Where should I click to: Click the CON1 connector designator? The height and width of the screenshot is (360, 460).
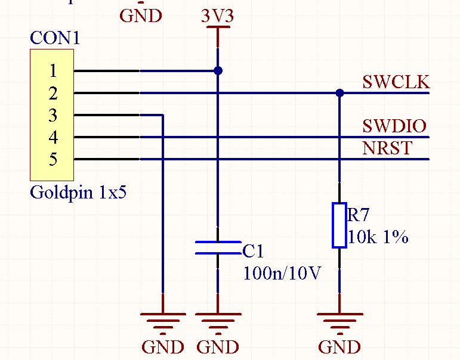click(x=55, y=38)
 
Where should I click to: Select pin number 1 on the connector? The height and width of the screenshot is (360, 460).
click(x=53, y=71)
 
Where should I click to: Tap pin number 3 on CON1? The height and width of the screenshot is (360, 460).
click(x=53, y=116)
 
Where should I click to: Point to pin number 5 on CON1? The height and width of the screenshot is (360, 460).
click(x=53, y=160)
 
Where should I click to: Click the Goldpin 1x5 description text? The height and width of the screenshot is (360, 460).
click(x=78, y=193)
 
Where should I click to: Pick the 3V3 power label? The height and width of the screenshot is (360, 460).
click(x=217, y=15)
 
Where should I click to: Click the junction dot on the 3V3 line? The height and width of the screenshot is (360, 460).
click(x=218, y=71)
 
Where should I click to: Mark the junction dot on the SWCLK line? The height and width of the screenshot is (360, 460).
click(x=339, y=93)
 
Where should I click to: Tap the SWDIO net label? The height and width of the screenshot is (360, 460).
click(x=394, y=126)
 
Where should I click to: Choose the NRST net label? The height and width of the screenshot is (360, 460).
click(x=387, y=148)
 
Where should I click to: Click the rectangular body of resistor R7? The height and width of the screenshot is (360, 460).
click(x=339, y=225)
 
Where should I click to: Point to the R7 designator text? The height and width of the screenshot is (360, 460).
click(x=359, y=214)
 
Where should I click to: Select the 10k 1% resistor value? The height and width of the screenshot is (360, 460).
click(x=378, y=237)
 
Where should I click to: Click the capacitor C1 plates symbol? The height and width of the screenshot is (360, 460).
click(x=218, y=248)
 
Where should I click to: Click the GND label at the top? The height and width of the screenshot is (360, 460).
click(x=141, y=15)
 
